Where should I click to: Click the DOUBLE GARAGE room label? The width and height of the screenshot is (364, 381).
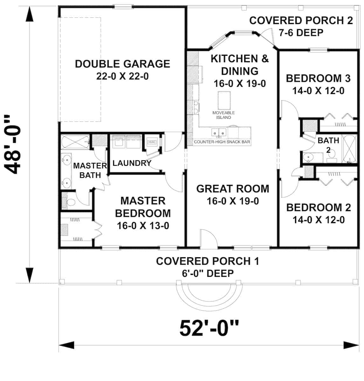(x=122, y=64)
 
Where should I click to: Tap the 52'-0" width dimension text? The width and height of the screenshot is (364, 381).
(x=209, y=328)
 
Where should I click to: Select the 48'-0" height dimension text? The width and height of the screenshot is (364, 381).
(x=14, y=145)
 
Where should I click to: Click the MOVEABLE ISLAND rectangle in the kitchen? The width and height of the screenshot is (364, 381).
(x=224, y=99)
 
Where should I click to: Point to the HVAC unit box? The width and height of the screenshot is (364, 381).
(x=152, y=142)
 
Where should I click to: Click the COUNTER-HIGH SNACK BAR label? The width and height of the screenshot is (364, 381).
(x=222, y=142)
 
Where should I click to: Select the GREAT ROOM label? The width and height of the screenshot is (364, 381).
(x=233, y=189)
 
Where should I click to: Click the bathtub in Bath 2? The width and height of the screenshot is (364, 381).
(x=349, y=149)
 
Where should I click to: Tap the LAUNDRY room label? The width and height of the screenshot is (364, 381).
(x=132, y=163)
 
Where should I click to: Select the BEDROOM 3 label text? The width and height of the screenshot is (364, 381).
(x=318, y=78)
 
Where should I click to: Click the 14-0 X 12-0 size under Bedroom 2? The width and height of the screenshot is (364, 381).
(x=319, y=220)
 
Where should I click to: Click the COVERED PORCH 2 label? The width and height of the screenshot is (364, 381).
(x=301, y=21)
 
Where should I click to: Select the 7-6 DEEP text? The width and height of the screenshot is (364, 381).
(x=301, y=32)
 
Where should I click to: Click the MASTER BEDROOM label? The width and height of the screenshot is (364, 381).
(x=143, y=207)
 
